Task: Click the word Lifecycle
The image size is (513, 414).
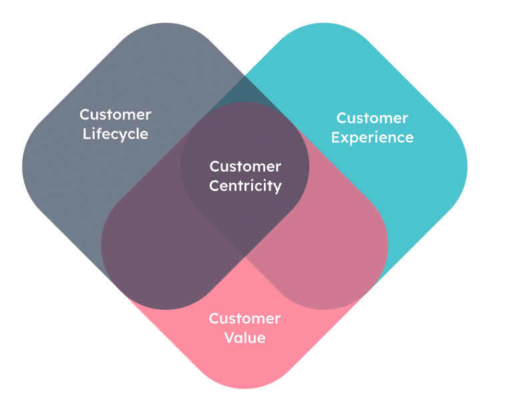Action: [x=115, y=134]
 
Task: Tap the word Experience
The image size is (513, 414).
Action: [x=372, y=138]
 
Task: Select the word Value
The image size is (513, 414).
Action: [x=244, y=337]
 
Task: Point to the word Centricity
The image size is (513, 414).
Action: [x=245, y=186]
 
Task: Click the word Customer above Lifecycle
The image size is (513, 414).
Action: [x=115, y=115]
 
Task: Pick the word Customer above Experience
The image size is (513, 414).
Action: [x=372, y=118]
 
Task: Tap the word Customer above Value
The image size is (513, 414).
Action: [x=244, y=319]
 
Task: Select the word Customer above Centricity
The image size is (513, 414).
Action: [x=245, y=166]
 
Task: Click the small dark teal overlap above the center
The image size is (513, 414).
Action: [x=244, y=92]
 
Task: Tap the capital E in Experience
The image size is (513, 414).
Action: [x=336, y=138]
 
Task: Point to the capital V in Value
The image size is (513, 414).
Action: [x=230, y=337]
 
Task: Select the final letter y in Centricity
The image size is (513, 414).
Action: [x=277, y=188]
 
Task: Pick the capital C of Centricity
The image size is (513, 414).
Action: [x=214, y=186]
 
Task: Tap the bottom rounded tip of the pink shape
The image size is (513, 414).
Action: [x=244, y=388]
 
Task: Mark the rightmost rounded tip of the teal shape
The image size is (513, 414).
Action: [x=467, y=166]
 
